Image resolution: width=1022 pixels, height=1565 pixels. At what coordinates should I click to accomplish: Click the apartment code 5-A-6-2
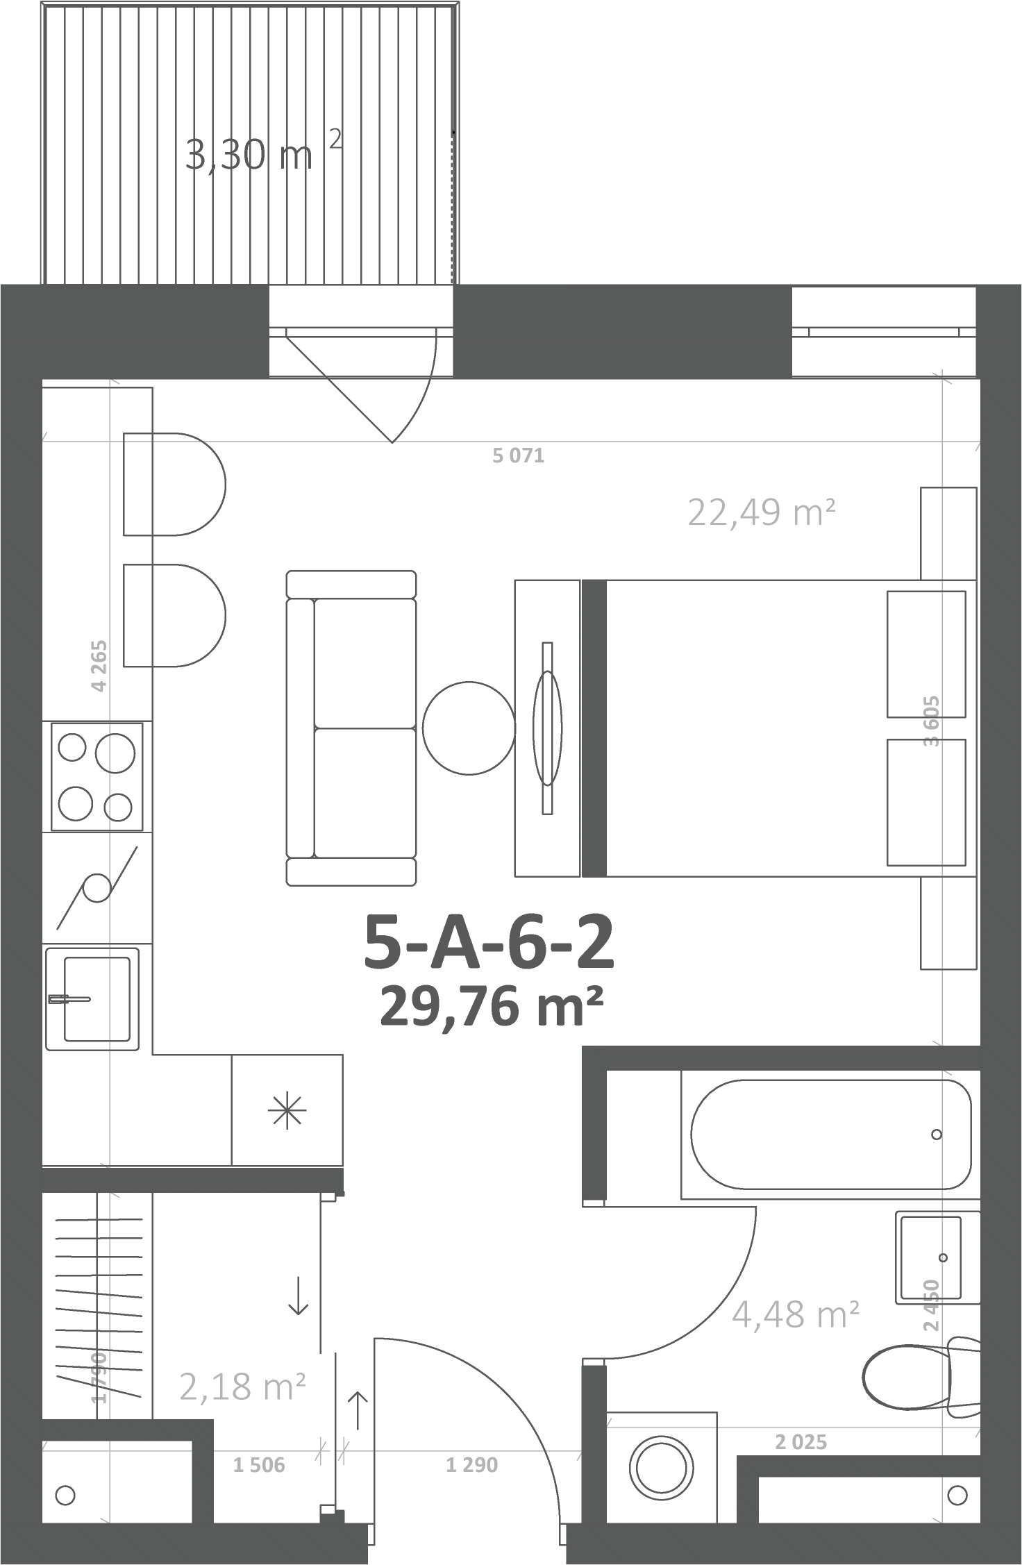click(489, 943)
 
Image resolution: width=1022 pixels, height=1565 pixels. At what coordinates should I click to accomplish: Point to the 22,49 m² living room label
click(761, 513)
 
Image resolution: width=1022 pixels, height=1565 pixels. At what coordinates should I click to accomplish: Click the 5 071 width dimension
click(518, 456)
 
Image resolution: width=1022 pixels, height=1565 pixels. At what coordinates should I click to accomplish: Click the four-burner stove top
click(97, 776)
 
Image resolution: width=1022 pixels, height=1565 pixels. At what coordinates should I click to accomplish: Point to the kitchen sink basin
click(97, 998)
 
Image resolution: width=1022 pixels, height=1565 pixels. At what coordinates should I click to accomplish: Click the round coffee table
click(469, 728)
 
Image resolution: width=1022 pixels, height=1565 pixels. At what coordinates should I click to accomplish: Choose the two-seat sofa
click(351, 728)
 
